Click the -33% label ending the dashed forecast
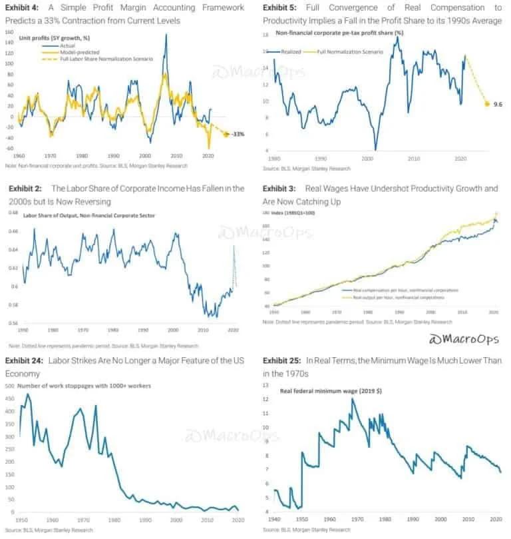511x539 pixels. (238, 134)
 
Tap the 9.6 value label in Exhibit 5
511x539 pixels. (497, 104)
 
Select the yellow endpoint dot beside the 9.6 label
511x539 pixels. (486, 104)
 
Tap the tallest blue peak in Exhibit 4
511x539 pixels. (166, 35)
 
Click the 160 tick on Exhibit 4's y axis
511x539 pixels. (9, 31)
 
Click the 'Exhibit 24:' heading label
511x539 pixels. (25, 360)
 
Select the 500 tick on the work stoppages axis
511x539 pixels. (9, 386)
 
